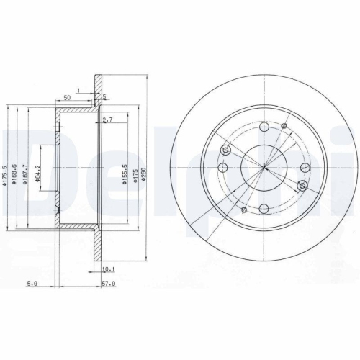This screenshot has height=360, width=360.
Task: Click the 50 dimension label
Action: [x=67, y=96]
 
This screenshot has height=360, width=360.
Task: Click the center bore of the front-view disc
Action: [x=264, y=168]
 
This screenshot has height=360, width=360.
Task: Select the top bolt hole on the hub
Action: [x=264, y=128]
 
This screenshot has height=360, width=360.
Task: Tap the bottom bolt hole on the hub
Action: [x=265, y=210]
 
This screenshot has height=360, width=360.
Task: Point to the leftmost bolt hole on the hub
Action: [x=223, y=169]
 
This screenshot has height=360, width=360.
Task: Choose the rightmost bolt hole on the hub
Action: [x=305, y=168]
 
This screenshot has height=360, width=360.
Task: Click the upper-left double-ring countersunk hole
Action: [x=227, y=150]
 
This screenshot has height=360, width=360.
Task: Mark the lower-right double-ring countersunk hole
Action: [x=302, y=186]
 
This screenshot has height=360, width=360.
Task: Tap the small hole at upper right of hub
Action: [x=283, y=132]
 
